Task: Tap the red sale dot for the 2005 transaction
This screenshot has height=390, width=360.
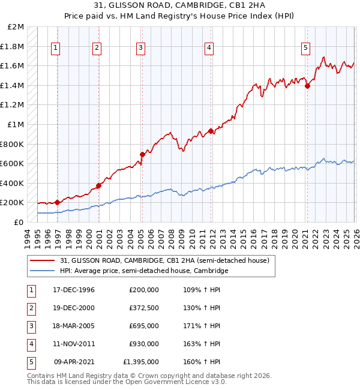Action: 142,154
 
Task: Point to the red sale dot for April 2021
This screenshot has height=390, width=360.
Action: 307,86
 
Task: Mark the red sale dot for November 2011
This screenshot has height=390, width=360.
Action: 211,131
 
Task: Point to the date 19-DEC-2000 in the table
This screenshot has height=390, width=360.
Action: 74,308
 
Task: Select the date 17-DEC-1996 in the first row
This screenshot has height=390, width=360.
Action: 74,290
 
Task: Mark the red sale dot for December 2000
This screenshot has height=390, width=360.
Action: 99,185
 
